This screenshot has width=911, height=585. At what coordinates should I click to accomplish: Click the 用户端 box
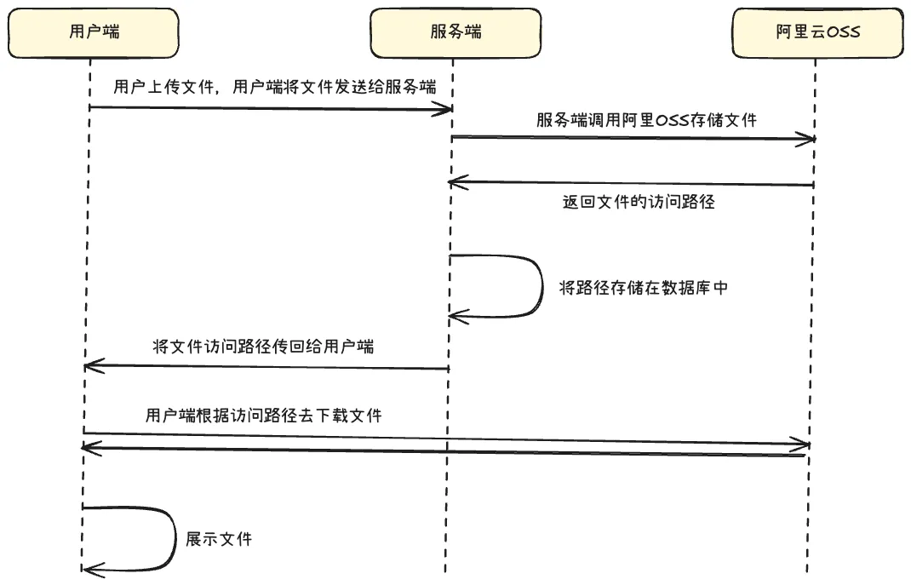tap(94, 33)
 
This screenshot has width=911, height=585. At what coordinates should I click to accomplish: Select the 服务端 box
tap(455, 33)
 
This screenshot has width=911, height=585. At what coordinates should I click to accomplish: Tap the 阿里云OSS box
tap(817, 33)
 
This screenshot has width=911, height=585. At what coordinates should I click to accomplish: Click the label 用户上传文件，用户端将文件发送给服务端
tap(275, 87)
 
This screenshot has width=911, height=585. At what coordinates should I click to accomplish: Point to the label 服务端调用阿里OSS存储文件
tap(646, 119)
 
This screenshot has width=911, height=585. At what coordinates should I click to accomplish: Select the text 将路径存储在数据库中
tap(643, 288)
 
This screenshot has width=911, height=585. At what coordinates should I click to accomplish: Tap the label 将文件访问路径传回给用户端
tap(264, 347)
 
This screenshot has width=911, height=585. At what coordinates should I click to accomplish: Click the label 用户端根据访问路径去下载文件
tap(264, 416)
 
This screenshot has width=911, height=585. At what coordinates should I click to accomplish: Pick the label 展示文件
tap(219, 539)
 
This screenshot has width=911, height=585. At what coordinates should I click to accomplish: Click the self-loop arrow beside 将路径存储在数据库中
tap(541, 286)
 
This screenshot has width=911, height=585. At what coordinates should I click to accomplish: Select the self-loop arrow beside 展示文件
tap(173, 538)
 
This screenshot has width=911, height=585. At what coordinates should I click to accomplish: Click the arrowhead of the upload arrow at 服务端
tap(443, 108)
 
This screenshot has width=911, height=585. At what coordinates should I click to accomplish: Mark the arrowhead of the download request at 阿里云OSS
tap(800, 444)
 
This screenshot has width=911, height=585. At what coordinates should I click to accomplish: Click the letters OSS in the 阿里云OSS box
tap(843, 33)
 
